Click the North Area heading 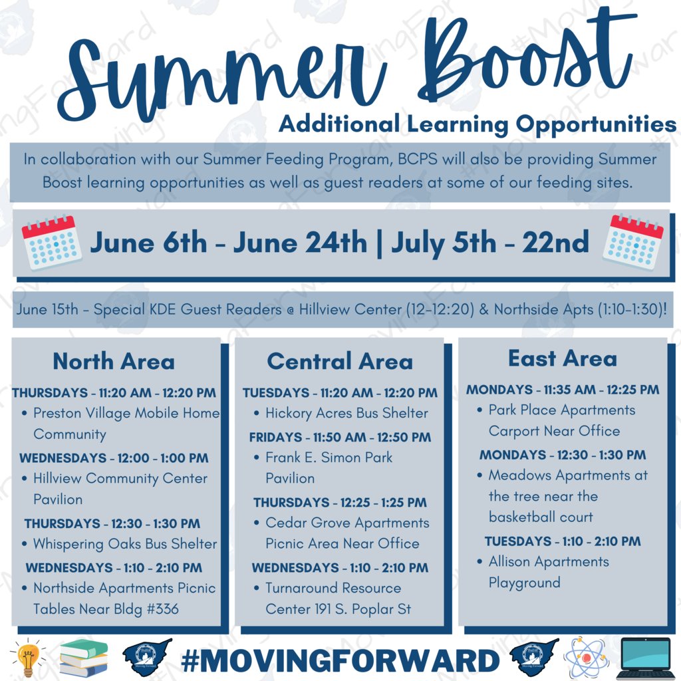(x=114, y=362)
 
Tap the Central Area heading (x=340, y=362)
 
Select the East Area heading (x=563, y=359)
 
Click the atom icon (x=585, y=658)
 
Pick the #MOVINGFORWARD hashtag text (x=340, y=660)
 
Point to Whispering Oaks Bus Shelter (x=125, y=544)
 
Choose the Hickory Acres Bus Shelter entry (x=346, y=413)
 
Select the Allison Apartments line (x=549, y=561)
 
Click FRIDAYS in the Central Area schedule (x=276, y=438)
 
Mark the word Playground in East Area (x=525, y=583)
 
